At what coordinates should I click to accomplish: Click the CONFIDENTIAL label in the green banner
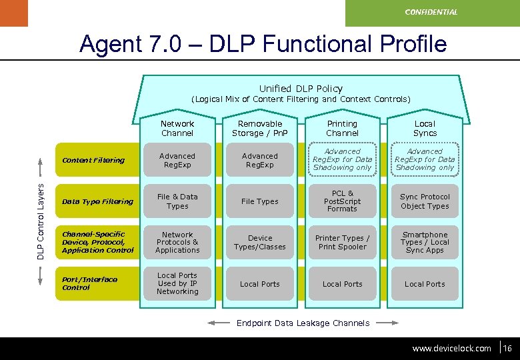(431, 12)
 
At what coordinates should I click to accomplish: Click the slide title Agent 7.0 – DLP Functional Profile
(263, 44)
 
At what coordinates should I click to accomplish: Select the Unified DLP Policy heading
(301, 89)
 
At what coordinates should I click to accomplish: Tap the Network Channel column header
(177, 129)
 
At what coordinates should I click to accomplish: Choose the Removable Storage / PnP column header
(260, 129)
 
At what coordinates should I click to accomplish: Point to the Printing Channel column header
(342, 129)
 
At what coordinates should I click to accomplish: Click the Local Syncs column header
(425, 129)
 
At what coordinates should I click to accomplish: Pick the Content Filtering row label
(93, 161)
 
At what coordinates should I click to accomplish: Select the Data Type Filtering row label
(97, 201)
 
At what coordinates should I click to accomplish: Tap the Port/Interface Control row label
(89, 283)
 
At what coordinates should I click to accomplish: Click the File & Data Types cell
(177, 201)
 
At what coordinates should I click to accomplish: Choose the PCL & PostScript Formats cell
(342, 201)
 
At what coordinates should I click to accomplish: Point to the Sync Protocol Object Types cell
(425, 201)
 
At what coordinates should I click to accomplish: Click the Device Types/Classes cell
(260, 243)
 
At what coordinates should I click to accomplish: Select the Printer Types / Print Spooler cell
(342, 243)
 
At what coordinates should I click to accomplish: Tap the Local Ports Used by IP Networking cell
(177, 283)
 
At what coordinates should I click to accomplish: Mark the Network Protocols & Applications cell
(177, 243)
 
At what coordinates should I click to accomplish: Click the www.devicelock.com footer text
(451, 348)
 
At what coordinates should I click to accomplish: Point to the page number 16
(507, 348)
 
